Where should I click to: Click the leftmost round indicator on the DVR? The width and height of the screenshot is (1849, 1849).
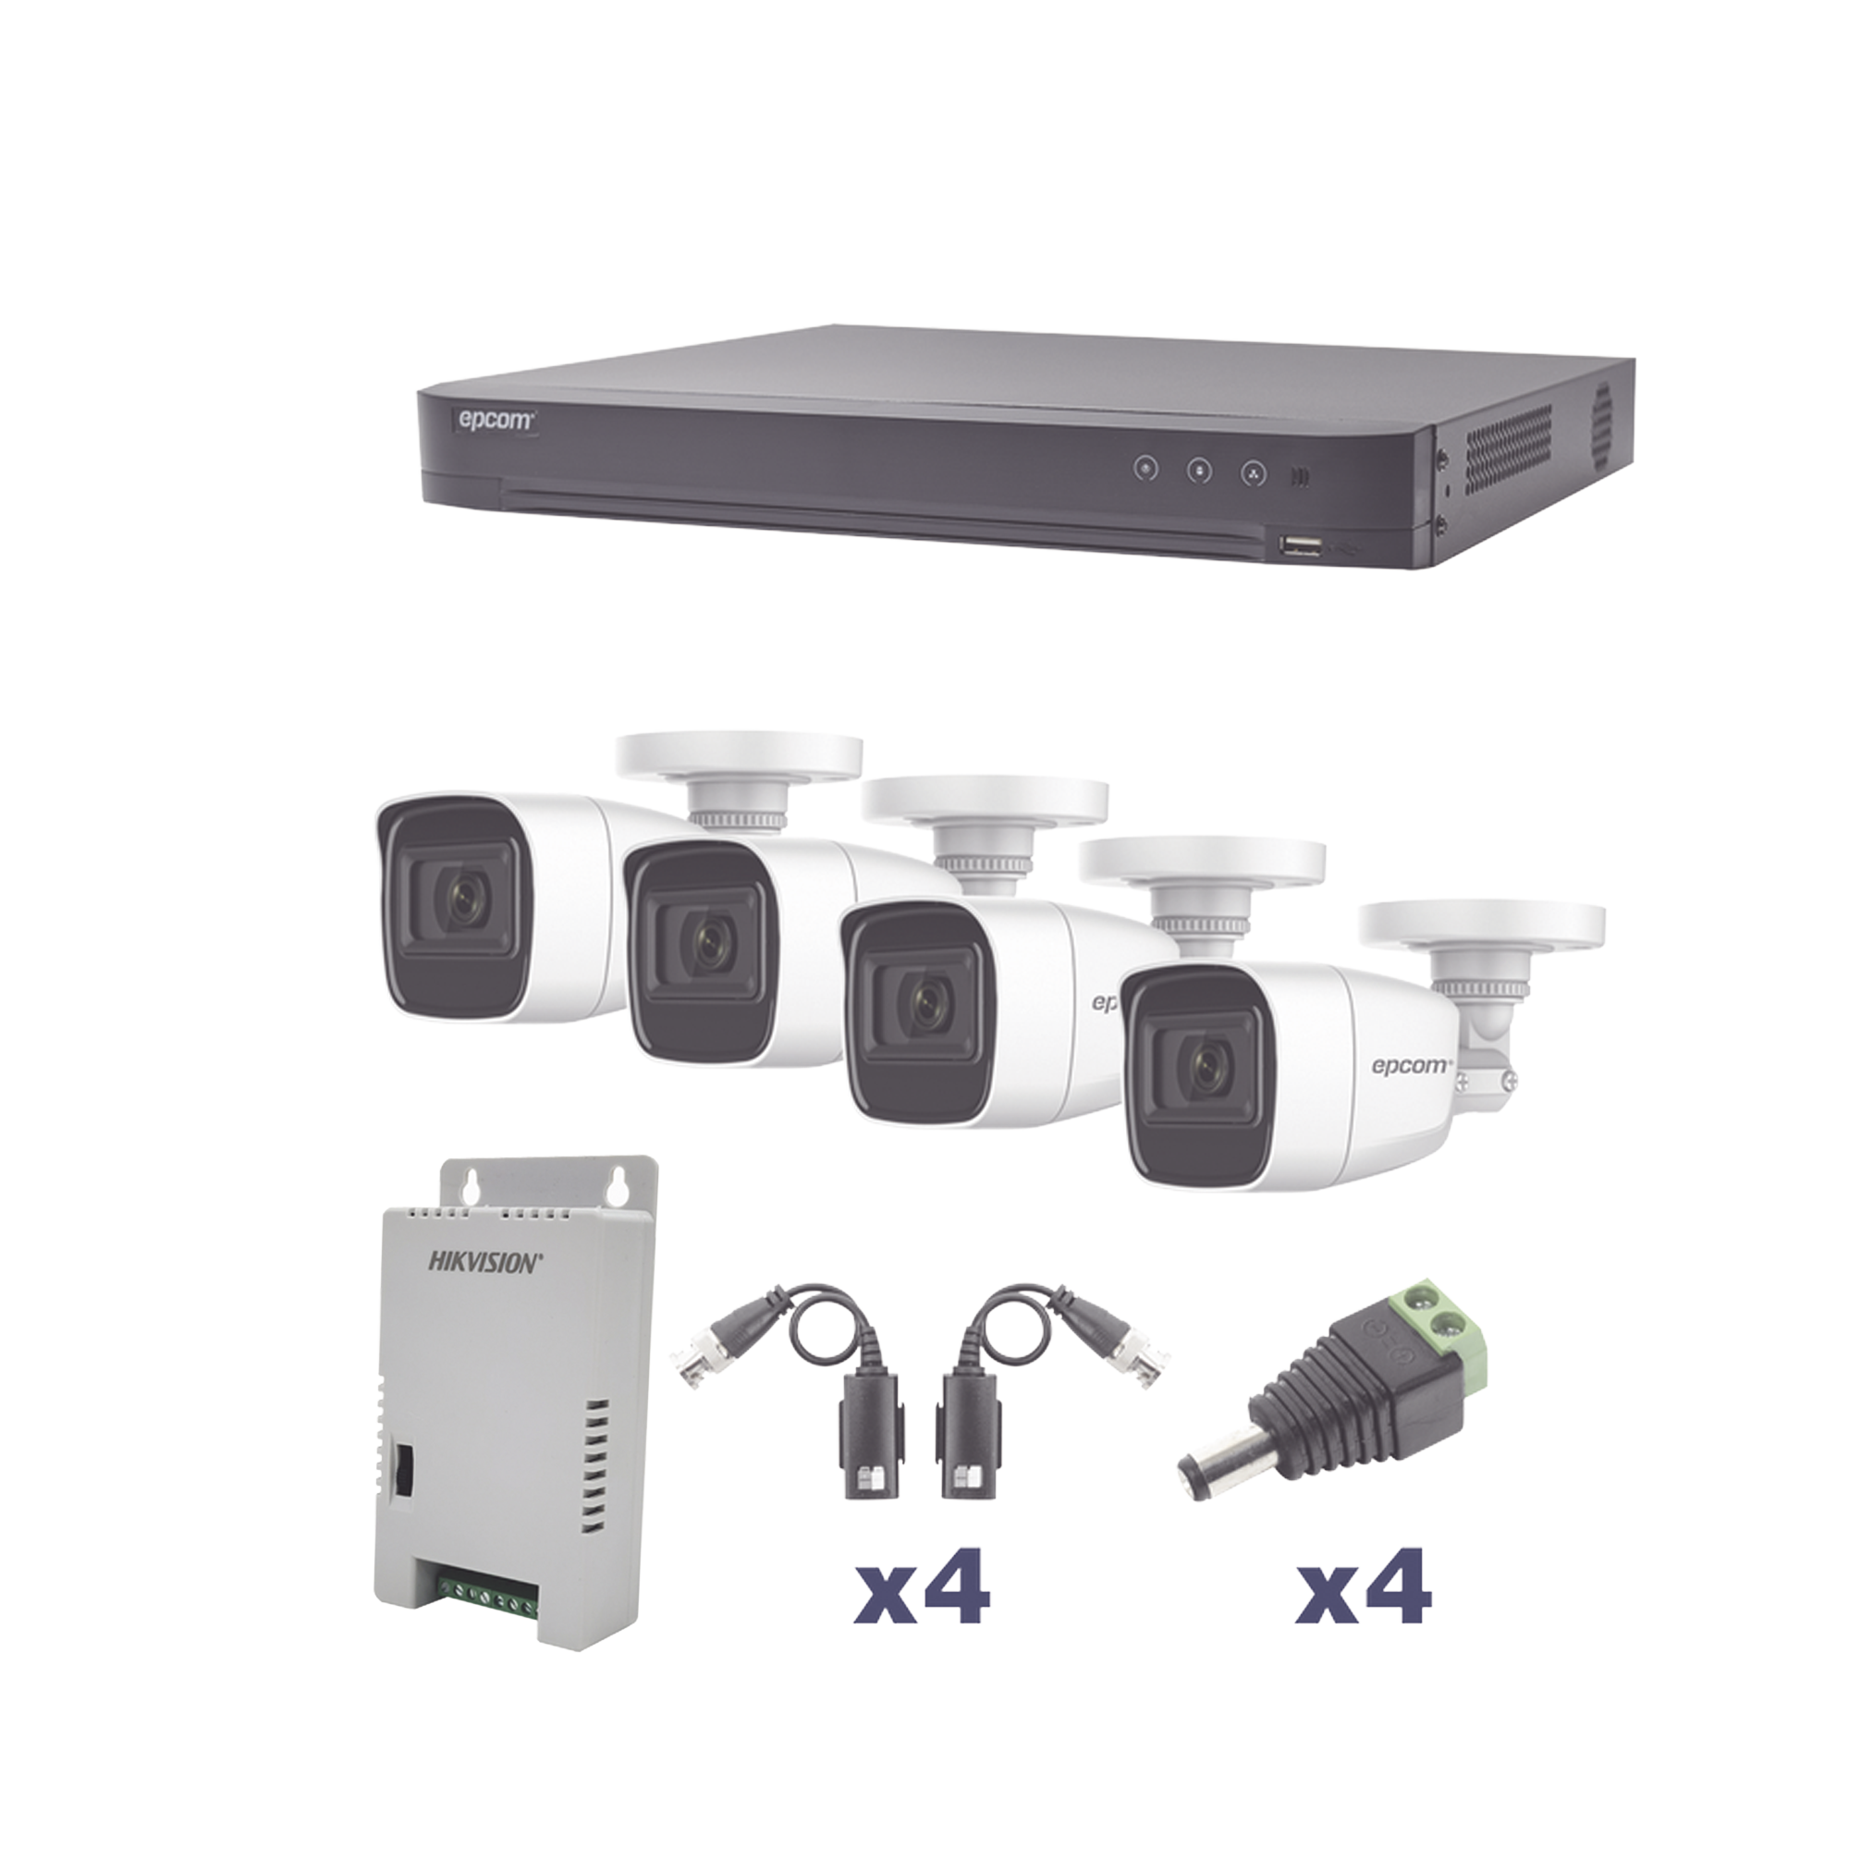1145,468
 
